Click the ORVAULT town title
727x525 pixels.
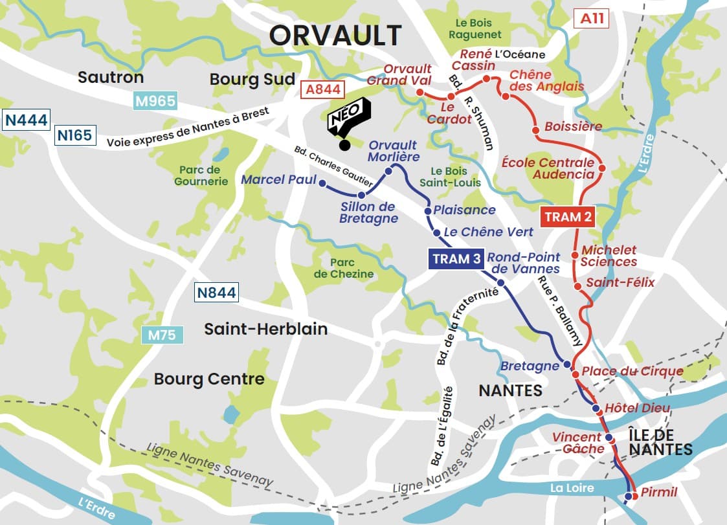pos(335,36)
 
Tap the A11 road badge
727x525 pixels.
pos(592,19)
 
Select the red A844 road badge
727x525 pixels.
pos(323,89)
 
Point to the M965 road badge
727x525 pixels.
pos(155,101)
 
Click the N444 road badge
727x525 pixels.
pos(26,121)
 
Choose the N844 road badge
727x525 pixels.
pos(217,293)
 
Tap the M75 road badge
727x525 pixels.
pos(162,335)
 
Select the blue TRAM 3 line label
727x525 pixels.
pos(456,259)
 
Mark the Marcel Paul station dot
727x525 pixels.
pos(322,184)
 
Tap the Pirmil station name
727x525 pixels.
pos(658,493)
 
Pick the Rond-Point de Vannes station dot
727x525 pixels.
pos(500,282)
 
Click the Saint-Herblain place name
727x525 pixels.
pos(265,329)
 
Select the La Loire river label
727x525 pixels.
pos(570,488)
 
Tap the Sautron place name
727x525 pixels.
pos(110,78)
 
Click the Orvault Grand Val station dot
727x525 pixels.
pos(419,94)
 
